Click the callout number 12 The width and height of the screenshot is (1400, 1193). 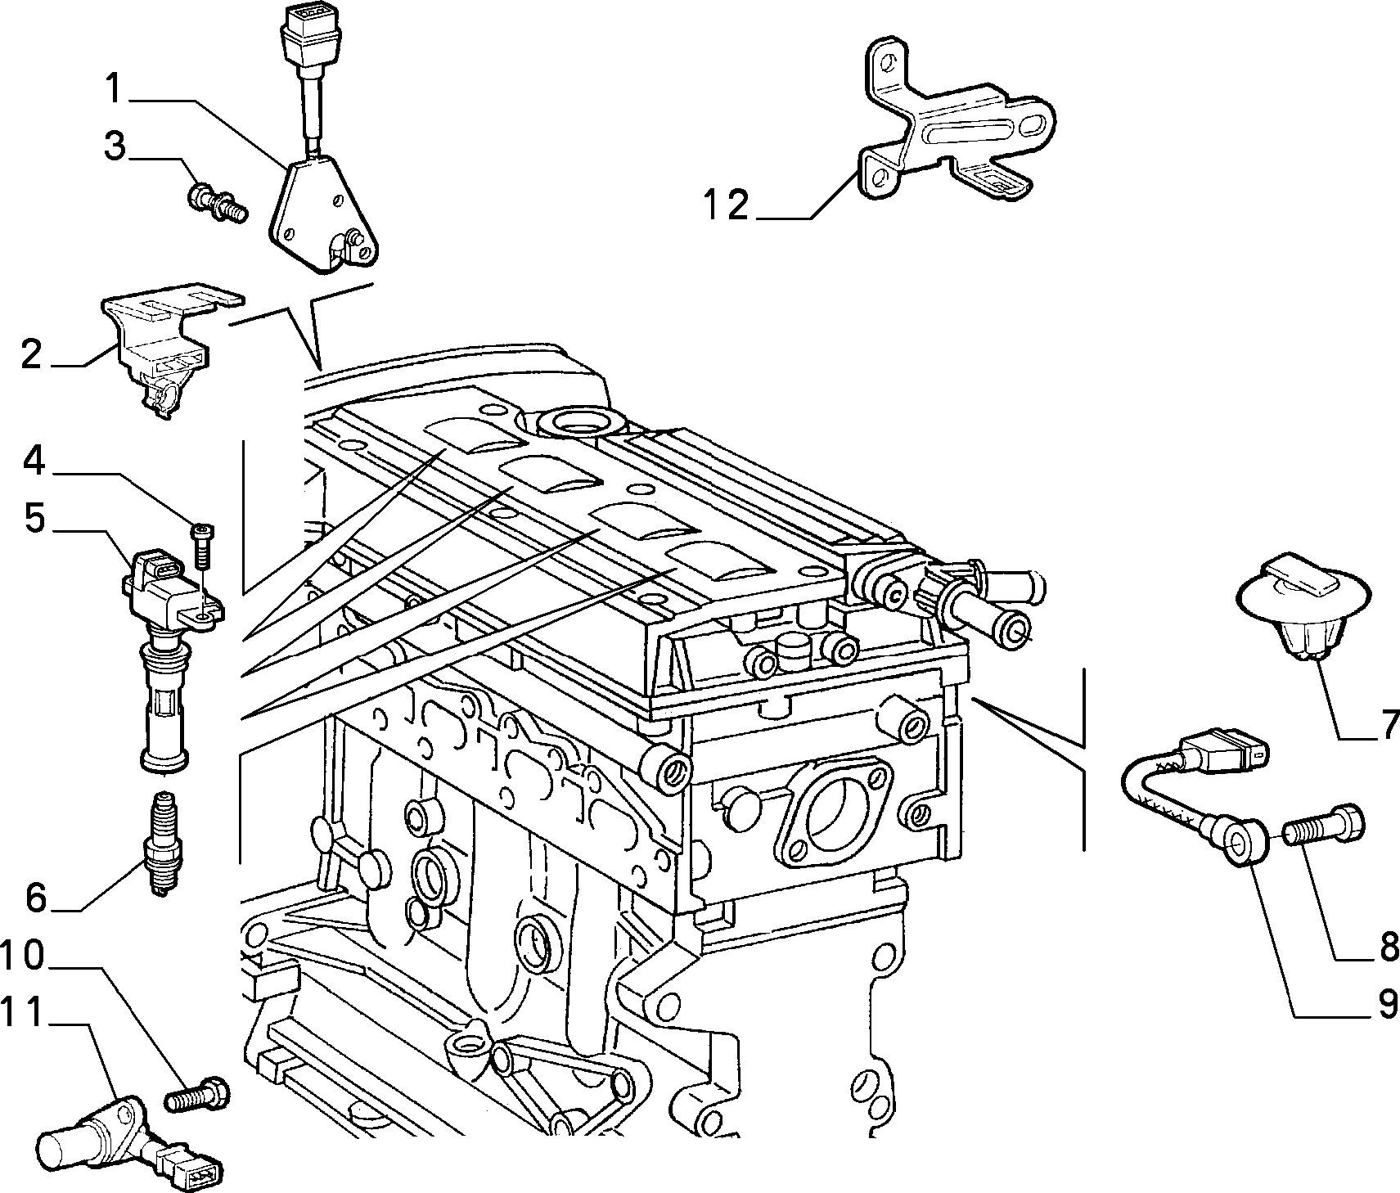pos(726,205)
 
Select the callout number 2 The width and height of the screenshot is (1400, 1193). pos(30,354)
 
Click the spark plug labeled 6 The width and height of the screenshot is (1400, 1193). pos(164,844)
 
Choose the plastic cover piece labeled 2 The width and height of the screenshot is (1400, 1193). pos(166,347)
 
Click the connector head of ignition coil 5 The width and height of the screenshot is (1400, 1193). pos(160,571)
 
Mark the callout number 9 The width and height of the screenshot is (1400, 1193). pos(1387,1003)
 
